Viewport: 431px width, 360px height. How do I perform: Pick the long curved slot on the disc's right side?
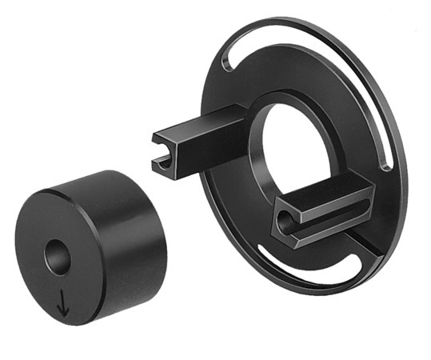(382, 104)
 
